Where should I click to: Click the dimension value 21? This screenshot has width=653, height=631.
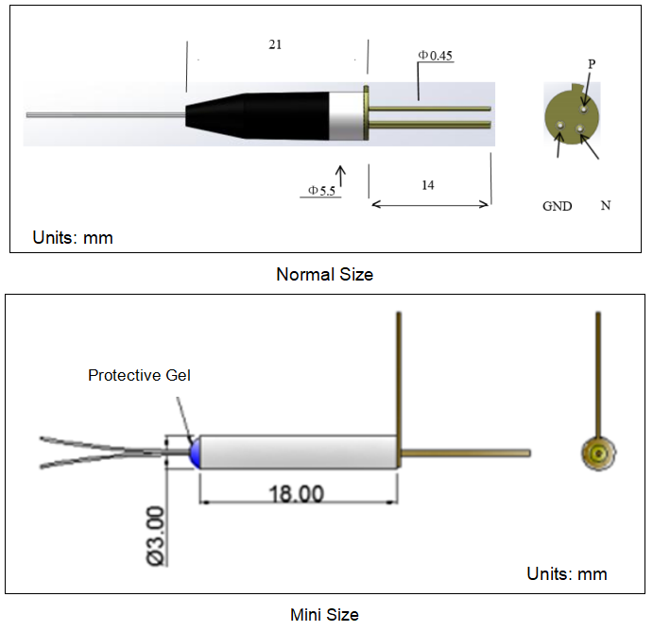(x=275, y=44)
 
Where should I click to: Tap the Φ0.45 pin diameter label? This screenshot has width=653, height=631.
(x=436, y=56)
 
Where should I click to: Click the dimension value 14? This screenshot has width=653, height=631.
(x=428, y=185)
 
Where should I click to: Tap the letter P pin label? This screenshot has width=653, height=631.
(x=592, y=64)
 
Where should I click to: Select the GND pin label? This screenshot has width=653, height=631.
(x=557, y=206)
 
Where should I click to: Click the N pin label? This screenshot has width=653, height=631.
(x=605, y=205)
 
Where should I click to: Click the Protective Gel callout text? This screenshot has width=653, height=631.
(x=139, y=375)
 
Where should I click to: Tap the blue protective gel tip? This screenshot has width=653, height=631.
(x=195, y=452)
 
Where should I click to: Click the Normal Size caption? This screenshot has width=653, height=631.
(x=324, y=275)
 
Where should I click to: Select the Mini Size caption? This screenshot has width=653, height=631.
(x=324, y=615)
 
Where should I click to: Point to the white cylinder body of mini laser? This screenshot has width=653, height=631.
(x=298, y=452)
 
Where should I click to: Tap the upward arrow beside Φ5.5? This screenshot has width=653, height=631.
(x=341, y=176)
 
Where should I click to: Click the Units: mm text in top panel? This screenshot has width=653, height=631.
(x=73, y=238)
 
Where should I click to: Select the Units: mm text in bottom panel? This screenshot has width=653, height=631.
(x=566, y=573)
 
